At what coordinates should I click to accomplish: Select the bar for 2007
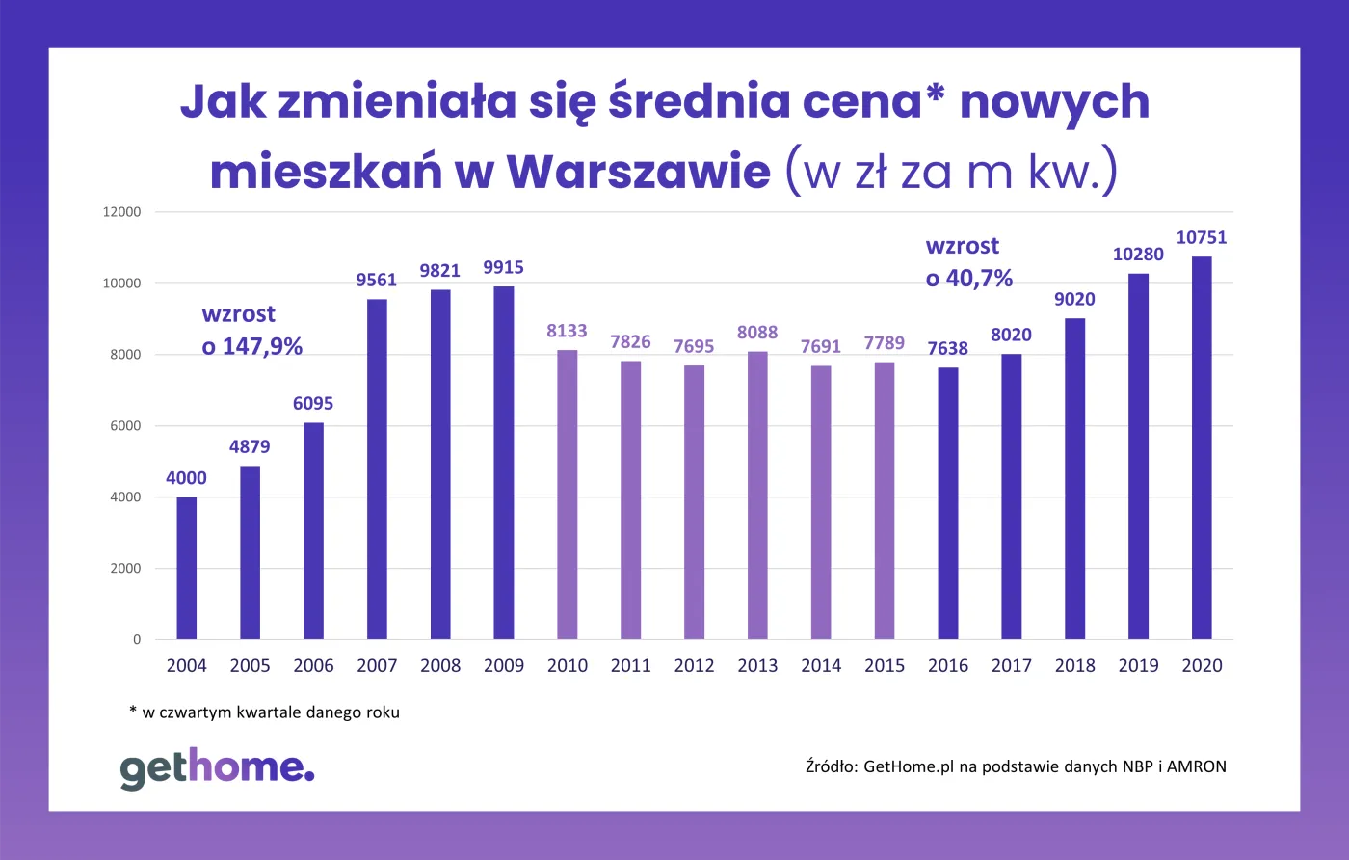pos(377,470)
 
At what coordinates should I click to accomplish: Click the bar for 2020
pos(1202,448)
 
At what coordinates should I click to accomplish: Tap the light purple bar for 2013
pos(757,496)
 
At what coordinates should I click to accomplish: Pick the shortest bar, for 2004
pos(186,568)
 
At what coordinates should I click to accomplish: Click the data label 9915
pos(503,268)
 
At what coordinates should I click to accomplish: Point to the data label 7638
pos(947,349)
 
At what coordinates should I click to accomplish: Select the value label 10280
pos(1138,255)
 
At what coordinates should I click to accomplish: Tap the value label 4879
pos(250,447)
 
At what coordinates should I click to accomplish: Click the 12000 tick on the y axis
pos(122,212)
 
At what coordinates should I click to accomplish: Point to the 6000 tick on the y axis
pos(125,426)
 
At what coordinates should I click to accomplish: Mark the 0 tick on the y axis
pos(137,639)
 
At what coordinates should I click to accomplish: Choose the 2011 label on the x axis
pos(630,666)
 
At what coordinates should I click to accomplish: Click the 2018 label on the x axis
pos(1074,666)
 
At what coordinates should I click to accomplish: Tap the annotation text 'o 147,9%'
pos(252,347)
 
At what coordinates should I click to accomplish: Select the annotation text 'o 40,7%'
pos(969,280)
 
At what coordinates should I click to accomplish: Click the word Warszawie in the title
pos(638,173)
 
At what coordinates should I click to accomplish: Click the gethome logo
pos(217,767)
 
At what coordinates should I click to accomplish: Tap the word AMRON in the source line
pos(1196,767)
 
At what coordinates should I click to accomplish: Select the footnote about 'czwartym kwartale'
pos(264,713)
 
